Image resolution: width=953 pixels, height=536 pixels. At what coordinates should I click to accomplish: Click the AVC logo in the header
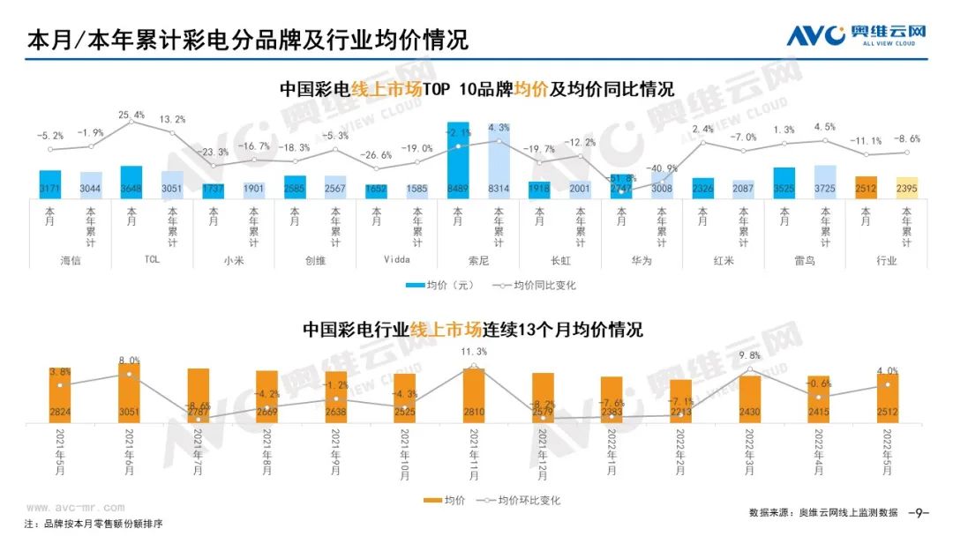click(856, 35)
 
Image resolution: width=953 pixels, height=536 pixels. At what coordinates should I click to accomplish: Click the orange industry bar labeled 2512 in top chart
click(865, 187)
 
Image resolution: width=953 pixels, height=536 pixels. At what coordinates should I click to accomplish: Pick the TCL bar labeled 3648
click(131, 182)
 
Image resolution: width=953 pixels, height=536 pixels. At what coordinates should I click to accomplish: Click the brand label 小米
click(233, 261)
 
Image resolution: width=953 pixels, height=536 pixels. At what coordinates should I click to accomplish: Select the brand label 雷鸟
click(804, 261)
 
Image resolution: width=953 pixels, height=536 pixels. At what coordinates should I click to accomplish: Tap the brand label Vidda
click(396, 261)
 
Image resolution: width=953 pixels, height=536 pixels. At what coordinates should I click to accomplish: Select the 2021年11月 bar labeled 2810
click(474, 396)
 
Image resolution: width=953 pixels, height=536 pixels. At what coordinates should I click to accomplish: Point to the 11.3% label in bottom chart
click(474, 353)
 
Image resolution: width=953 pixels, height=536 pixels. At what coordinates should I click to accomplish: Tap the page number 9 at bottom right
click(918, 512)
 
